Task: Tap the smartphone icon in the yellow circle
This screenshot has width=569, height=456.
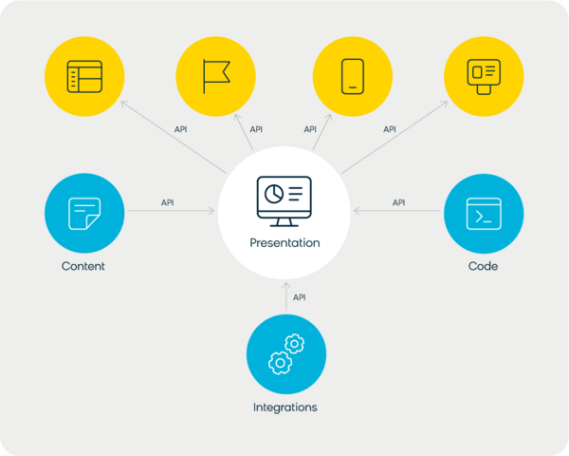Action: [x=353, y=76]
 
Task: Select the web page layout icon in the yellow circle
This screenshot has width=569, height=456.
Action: [x=84, y=77]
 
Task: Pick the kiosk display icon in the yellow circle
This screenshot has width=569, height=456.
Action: [x=484, y=77]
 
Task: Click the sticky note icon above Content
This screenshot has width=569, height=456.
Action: [x=84, y=214]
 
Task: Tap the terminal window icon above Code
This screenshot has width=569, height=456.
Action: [x=484, y=214]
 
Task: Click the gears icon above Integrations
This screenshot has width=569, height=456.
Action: [x=286, y=353]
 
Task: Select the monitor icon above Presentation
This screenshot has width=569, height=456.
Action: [x=284, y=201]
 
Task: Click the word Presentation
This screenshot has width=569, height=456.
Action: [x=284, y=243]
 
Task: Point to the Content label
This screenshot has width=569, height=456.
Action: [x=83, y=266]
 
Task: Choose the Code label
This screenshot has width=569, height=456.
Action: [x=483, y=266]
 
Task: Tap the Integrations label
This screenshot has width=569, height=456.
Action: [x=285, y=408]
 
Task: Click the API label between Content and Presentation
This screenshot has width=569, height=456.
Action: [x=167, y=202]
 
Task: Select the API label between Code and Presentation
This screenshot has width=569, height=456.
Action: [x=398, y=202]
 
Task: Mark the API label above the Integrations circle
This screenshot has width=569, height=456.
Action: [x=299, y=297]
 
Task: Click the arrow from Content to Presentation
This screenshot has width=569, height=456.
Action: [x=171, y=211]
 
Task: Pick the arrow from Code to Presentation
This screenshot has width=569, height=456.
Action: [x=397, y=211]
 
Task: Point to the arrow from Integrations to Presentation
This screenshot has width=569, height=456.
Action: [x=286, y=296]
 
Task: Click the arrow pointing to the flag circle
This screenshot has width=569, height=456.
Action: [x=244, y=132]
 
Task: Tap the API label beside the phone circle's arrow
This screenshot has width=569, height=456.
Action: [x=310, y=129]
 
